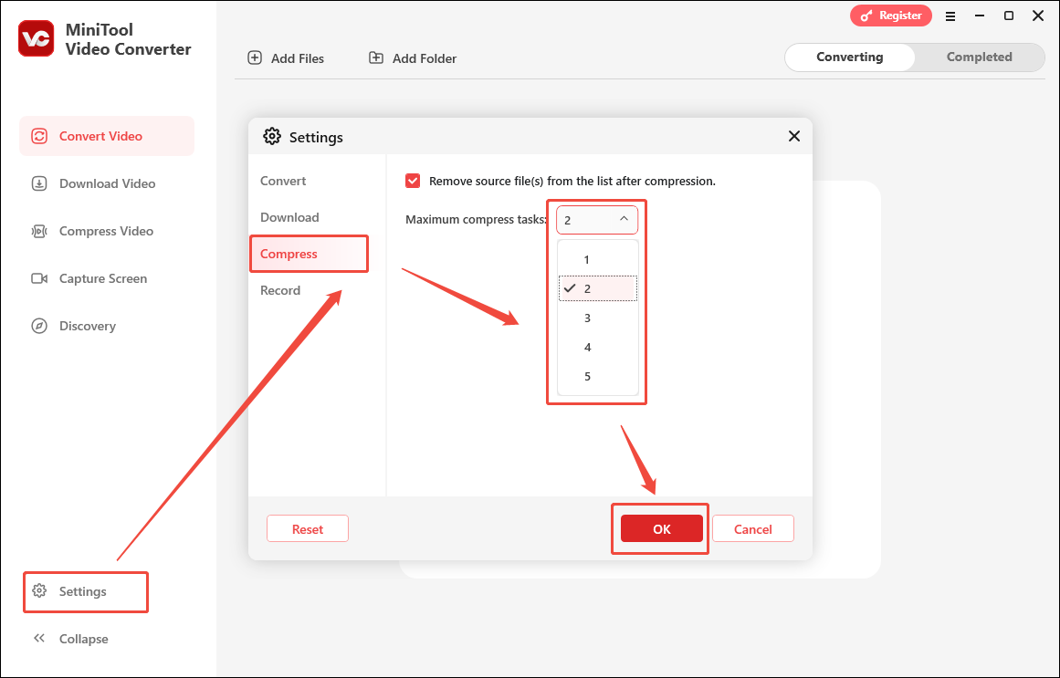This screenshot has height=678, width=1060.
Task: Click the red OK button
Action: click(x=661, y=529)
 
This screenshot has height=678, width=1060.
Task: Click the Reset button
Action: click(x=308, y=529)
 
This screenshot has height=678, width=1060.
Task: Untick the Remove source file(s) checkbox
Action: click(x=413, y=181)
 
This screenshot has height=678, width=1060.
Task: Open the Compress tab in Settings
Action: click(x=289, y=254)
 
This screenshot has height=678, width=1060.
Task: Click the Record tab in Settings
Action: click(x=280, y=290)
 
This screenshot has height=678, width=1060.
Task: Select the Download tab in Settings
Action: click(x=289, y=217)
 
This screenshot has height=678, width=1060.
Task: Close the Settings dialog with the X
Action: click(x=793, y=136)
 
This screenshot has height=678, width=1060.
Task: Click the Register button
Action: click(x=890, y=16)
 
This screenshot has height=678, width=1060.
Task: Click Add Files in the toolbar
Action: click(x=286, y=58)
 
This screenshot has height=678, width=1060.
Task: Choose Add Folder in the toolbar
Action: click(x=413, y=58)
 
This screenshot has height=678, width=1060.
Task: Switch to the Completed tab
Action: click(x=979, y=57)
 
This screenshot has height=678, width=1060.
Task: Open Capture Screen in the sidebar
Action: click(x=102, y=278)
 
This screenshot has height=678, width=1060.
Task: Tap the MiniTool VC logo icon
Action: click(x=36, y=38)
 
